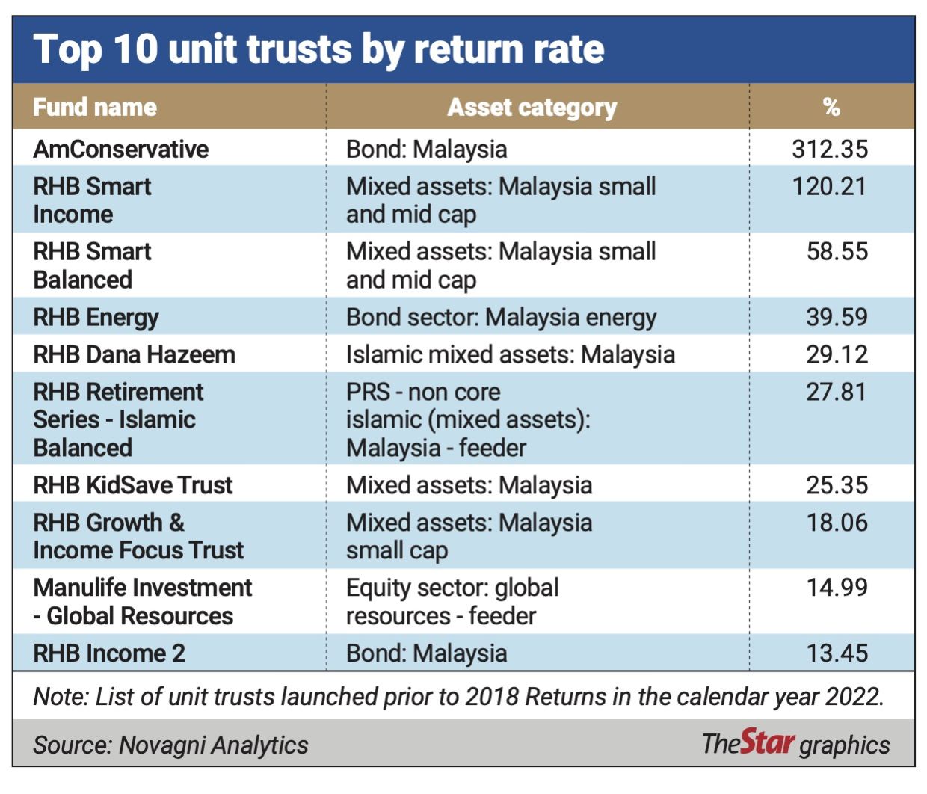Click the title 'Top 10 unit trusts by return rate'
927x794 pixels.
pos(318,50)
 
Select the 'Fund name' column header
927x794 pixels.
pos(95,108)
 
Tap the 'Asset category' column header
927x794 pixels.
pos(532,108)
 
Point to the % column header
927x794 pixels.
pos(831,108)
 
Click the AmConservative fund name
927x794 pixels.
pos(120,149)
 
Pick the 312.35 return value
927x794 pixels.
pos(830,149)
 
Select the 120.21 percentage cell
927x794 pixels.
pos(829,187)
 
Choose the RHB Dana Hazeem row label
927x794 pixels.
pos(134,355)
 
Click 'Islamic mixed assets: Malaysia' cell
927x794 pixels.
pos(511,355)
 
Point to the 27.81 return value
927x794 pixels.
pos(837,392)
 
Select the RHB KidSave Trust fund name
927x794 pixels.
pos(133,485)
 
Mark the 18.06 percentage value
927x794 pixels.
pos(837,523)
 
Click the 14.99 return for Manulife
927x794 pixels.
pos(837,588)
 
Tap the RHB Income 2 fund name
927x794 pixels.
pos(109,653)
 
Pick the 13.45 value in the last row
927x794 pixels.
pos(837,653)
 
